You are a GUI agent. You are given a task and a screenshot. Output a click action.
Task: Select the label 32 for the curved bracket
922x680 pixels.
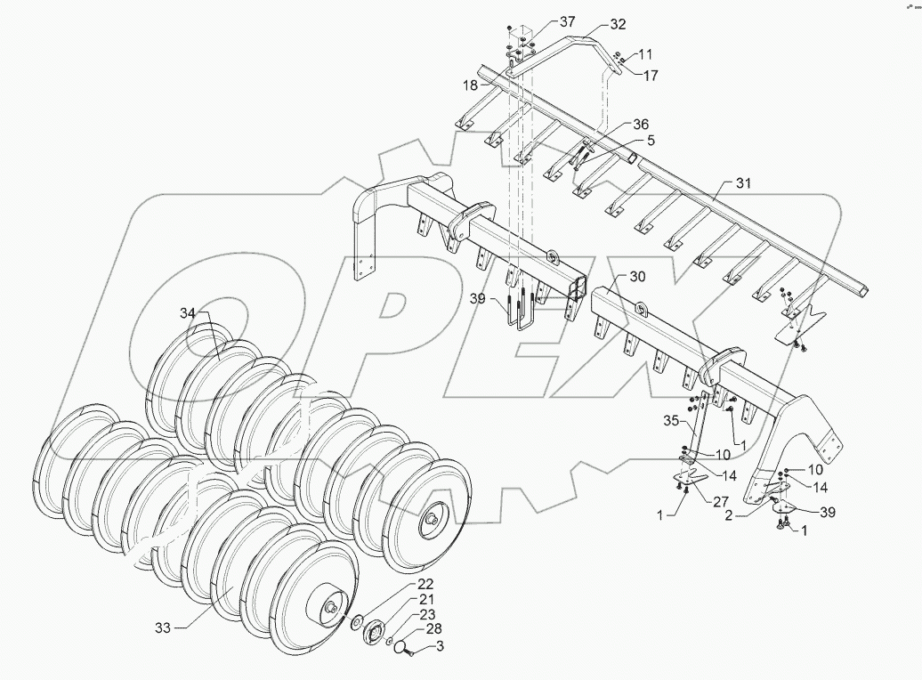618,24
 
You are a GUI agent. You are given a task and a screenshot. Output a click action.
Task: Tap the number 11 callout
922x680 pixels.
644,55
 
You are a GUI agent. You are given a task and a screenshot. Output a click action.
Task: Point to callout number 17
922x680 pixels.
651,76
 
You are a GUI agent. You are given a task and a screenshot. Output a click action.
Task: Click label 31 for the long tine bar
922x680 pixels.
743,183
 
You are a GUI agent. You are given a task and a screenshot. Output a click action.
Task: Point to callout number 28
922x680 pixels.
434,630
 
